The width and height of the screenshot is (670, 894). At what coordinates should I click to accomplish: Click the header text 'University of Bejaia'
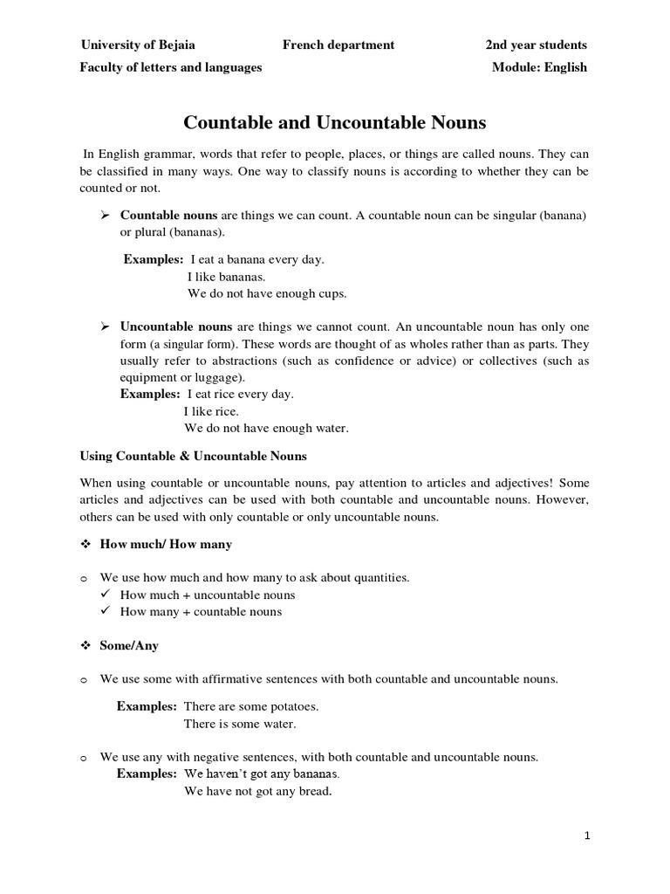coord(138,45)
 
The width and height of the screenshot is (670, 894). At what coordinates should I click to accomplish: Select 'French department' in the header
coord(338,45)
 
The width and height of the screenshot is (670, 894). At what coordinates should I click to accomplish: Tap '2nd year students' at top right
coord(536,45)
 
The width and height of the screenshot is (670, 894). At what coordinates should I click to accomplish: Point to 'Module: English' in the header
coord(539,67)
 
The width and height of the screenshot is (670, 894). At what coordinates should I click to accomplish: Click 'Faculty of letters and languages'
coord(171,67)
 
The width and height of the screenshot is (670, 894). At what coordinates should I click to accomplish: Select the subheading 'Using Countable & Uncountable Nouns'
coord(194,456)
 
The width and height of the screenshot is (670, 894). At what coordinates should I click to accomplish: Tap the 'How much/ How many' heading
coord(166,544)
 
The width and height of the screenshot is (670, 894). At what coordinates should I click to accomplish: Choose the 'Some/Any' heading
coord(129,646)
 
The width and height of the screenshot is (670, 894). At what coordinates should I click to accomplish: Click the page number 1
coord(587,836)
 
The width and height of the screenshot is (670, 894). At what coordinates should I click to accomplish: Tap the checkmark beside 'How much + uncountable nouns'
coord(105,595)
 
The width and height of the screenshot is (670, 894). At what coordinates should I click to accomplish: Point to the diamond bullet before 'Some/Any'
coord(85,646)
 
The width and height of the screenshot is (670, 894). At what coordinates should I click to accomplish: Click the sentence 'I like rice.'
coord(211,411)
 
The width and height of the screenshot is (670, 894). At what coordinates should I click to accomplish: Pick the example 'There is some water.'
coord(240,724)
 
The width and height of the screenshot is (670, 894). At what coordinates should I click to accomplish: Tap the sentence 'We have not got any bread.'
coord(258,792)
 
